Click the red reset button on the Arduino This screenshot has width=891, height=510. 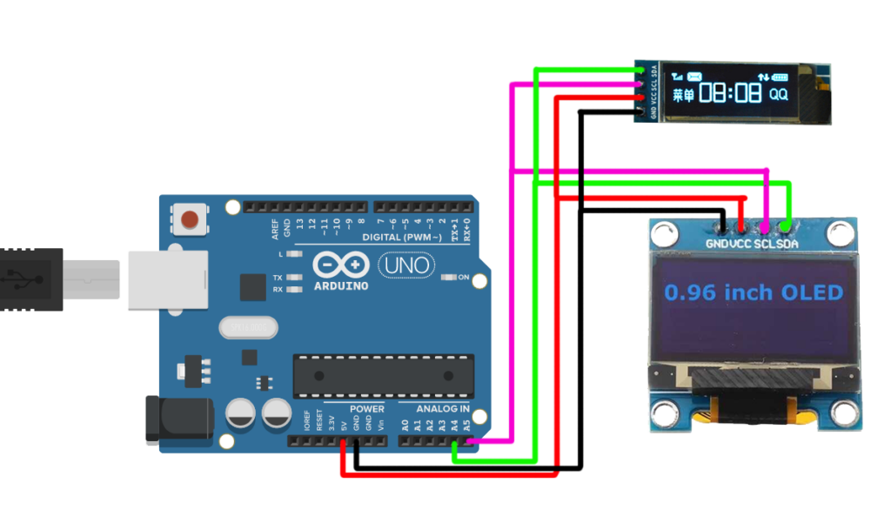pyautogui.click(x=191, y=218)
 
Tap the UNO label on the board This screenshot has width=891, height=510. pyautogui.click(x=404, y=265)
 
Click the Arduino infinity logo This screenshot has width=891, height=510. pyautogui.click(x=338, y=265)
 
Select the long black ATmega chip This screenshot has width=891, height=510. pyautogui.click(x=383, y=375)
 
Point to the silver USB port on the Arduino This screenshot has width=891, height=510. pyautogui.click(x=166, y=280)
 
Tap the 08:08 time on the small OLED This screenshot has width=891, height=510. pyautogui.click(x=730, y=93)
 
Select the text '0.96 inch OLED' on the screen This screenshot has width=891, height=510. pyautogui.click(x=754, y=292)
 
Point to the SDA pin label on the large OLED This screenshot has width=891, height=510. pyautogui.click(x=787, y=245)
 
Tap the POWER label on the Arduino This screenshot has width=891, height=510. pyautogui.click(x=366, y=408)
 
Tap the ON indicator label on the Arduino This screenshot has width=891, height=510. pyautogui.click(x=464, y=278)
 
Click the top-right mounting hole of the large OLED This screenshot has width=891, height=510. pyautogui.click(x=840, y=232)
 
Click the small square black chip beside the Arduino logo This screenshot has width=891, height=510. pyautogui.click(x=252, y=287)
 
